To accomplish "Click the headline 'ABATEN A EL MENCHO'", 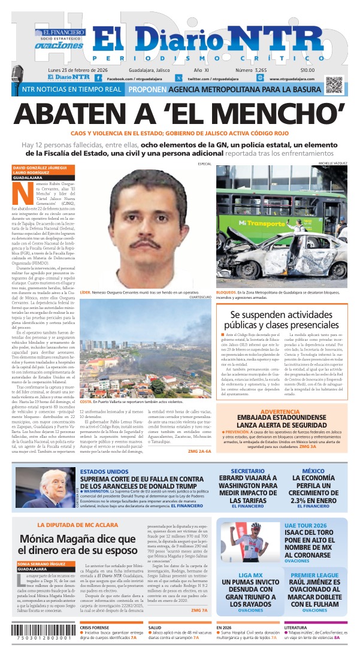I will tap(180, 113).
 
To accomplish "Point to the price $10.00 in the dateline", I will tap(307, 70).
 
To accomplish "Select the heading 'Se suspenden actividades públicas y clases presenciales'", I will tap(282, 320).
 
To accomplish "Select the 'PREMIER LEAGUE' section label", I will tap(314, 575).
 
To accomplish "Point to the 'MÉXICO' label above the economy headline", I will tap(313, 471).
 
